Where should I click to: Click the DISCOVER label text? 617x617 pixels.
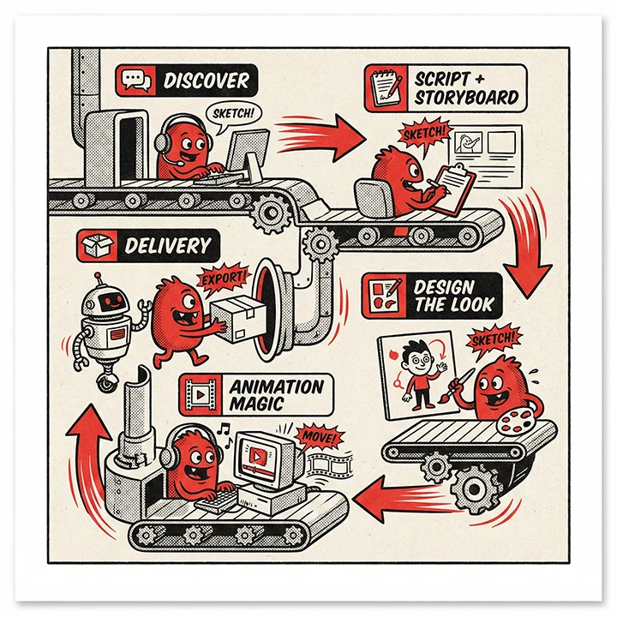click(x=206, y=81)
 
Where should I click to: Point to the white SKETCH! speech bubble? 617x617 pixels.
click(x=233, y=113)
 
